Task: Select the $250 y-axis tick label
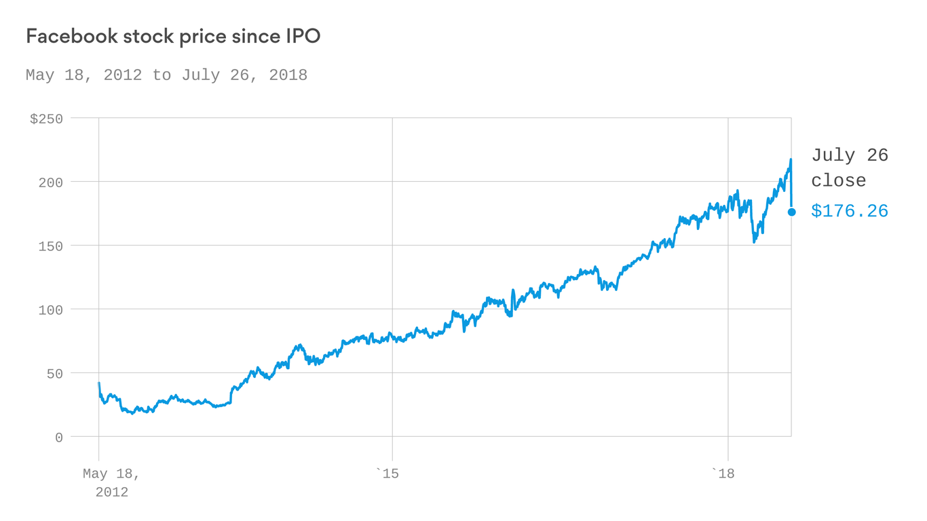tap(46, 119)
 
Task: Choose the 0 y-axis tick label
tap(59, 438)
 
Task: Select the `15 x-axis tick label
tap(387, 474)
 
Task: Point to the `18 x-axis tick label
tap(723, 474)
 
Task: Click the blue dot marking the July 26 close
tap(791, 212)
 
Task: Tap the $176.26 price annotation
tap(850, 212)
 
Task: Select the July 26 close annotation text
tap(848, 168)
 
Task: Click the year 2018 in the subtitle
tap(288, 75)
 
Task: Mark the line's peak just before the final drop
tap(791, 160)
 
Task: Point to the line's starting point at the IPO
tap(99, 383)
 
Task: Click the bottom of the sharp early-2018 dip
tap(754, 242)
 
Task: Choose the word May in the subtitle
tap(39, 75)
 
